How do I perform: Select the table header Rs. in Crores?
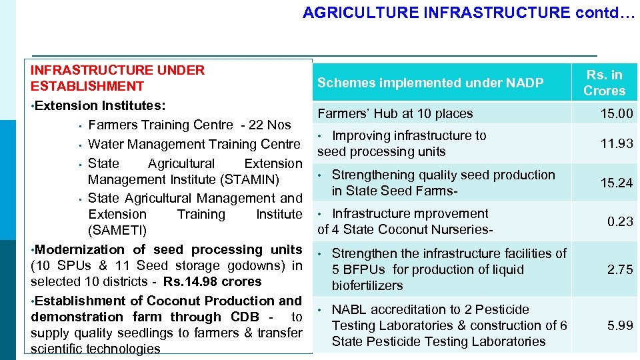click(x=604, y=83)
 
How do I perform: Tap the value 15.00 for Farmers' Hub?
click(x=616, y=114)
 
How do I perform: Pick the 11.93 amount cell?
click(x=616, y=143)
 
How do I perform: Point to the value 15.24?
click(x=616, y=183)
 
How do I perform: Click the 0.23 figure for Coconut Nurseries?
click(x=619, y=221)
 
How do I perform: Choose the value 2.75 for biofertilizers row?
click(x=619, y=269)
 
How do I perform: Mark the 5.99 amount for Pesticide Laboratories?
click(x=619, y=325)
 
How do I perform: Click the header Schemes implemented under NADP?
click(x=430, y=83)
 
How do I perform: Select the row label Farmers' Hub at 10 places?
click(x=395, y=114)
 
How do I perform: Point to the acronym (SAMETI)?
click(x=117, y=231)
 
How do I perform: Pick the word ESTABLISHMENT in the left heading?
click(x=87, y=86)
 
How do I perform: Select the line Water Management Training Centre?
click(x=194, y=144)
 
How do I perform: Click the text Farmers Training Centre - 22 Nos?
click(x=189, y=125)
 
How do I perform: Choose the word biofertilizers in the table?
click(x=367, y=285)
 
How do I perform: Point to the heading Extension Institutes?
click(x=100, y=105)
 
